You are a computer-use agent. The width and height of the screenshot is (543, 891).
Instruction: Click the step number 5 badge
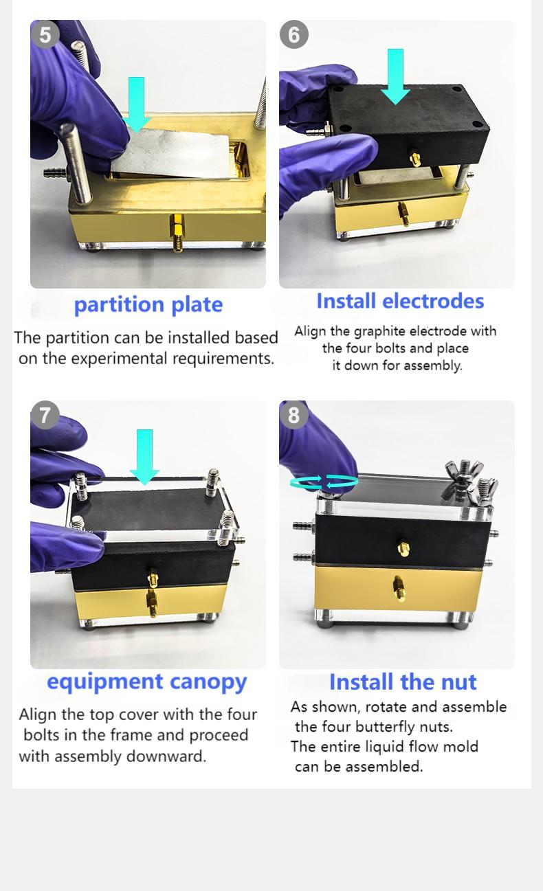[x=45, y=34]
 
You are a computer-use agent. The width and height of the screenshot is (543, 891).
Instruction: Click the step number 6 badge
[x=293, y=34]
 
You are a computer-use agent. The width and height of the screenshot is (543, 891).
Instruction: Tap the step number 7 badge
[x=45, y=415]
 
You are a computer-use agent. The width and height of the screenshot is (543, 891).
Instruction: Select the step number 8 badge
[x=293, y=415]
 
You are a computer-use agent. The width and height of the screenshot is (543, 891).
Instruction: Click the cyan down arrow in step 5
[x=136, y=104]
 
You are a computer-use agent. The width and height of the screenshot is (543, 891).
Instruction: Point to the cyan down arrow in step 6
[x=395, y=77]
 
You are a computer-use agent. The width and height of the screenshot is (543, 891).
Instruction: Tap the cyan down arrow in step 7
[x=144, y=457]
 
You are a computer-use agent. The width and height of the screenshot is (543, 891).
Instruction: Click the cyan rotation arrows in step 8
[x=324, y=482]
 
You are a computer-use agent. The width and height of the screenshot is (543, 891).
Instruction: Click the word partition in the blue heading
[x=120, y=305]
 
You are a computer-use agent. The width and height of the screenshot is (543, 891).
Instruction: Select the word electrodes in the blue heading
[x=433, y=301]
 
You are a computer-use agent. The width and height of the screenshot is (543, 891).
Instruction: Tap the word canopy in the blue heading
[x=208, y=682]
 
